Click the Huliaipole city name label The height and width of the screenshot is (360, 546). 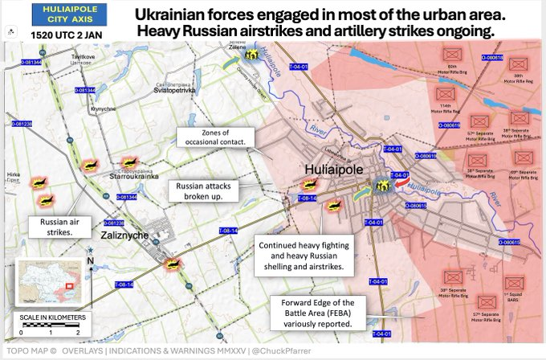[335, 170]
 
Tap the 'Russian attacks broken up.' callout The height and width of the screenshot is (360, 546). [199, 190]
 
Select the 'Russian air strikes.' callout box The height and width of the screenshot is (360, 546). [53, 227]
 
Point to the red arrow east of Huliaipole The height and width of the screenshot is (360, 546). [401, 186]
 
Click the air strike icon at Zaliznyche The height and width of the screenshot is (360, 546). [171, 262]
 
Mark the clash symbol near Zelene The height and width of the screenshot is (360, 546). [252, 55]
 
